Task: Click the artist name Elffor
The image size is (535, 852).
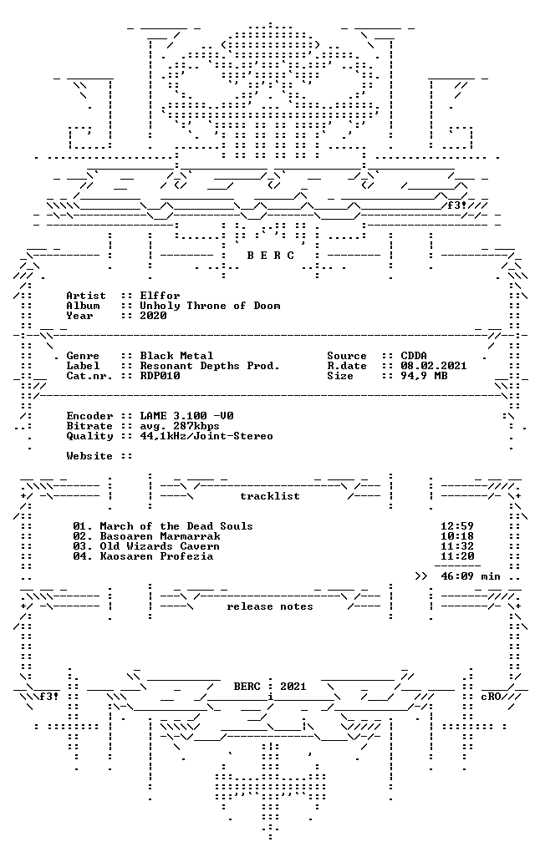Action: (160, 296)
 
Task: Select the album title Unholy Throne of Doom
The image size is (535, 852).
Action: (210, 306)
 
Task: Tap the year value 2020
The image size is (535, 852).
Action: (153, 316)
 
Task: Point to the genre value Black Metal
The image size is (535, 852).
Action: (176, 356)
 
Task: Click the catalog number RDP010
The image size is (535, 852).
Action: (160, 376)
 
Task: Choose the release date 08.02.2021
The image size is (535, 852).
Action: (434, 366)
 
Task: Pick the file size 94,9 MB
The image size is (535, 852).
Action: (424, 376)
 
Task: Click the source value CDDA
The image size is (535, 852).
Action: (414, 356)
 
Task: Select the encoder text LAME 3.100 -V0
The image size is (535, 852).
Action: (186, 416)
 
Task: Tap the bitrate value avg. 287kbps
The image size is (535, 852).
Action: (180, 426)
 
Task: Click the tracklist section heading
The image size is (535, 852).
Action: (270, 496)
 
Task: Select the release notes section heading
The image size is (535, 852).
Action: (270, 606)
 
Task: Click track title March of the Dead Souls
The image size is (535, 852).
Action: (176, 526)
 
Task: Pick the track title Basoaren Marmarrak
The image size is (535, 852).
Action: (160, 536)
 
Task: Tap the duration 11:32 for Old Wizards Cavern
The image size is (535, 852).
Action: (457, 546)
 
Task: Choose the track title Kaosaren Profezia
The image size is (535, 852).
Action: (156, 556)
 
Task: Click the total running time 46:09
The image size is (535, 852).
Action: (457, 576)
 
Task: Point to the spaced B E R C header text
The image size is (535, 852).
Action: (270, 256)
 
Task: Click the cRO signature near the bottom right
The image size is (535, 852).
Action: (491, 697)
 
